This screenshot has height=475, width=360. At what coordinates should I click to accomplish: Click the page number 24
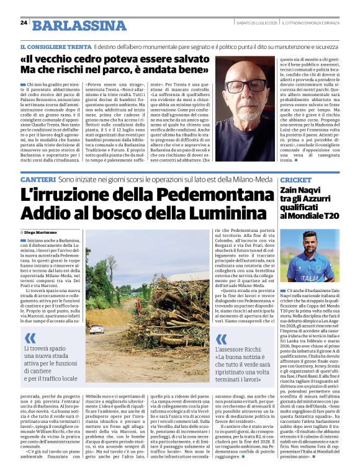tap(24, 23)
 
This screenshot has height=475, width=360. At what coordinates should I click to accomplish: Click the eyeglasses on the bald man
tap(248, 86)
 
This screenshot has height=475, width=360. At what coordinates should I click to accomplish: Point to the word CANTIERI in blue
tap(37, 179)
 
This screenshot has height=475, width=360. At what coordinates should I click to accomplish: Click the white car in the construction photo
tap(96, 329)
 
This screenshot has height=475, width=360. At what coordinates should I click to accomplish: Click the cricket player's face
tap(311, 239)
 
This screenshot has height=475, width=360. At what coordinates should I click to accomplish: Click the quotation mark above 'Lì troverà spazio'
tap(30, 339)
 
